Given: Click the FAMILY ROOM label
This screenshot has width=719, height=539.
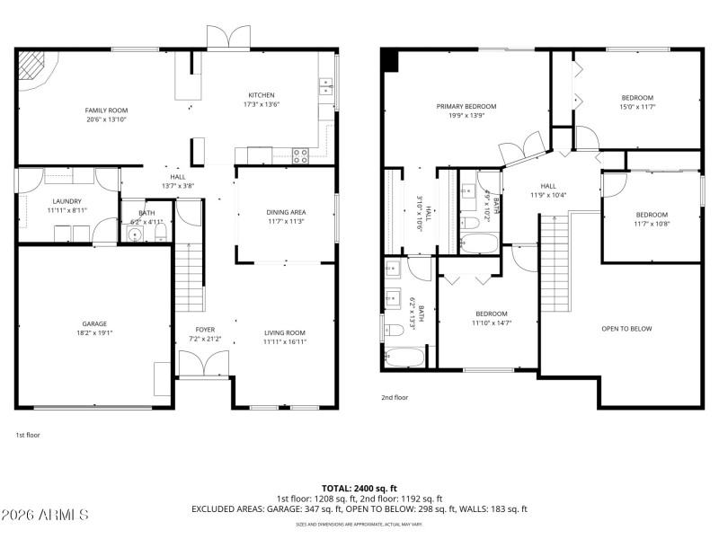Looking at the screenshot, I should click(x=106, y=110).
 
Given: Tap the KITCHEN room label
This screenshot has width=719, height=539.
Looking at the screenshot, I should click(x=262, y=95).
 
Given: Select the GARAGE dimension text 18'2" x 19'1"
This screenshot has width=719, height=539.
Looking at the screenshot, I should click(x=94, y=332).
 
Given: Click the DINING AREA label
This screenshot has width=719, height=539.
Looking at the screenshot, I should click(x=285, y=212).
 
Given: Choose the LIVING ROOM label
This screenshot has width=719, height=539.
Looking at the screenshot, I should click(x=284, y=332).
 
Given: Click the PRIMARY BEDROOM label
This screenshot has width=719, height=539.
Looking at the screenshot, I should click(x=466, y=106).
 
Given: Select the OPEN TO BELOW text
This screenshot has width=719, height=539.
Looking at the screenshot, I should click(x=626, y=329).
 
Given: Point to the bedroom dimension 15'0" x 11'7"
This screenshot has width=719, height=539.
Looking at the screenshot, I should click(x=637, y=107).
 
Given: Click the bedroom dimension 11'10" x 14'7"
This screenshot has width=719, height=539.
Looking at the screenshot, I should click(x=491, y=323).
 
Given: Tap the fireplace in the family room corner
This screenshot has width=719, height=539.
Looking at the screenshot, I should click(x=35, y=66).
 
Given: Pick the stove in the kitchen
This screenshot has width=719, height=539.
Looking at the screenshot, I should click(x=300, y=154).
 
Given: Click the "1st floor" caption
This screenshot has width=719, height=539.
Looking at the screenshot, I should click(x=27, y=435).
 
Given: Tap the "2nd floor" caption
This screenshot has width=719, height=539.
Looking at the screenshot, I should click(x=395, y=396).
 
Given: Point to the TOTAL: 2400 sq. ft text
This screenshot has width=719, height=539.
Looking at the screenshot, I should click(x=359, y=488).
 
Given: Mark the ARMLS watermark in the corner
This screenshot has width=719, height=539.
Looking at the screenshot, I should click(x=45, y=515).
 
